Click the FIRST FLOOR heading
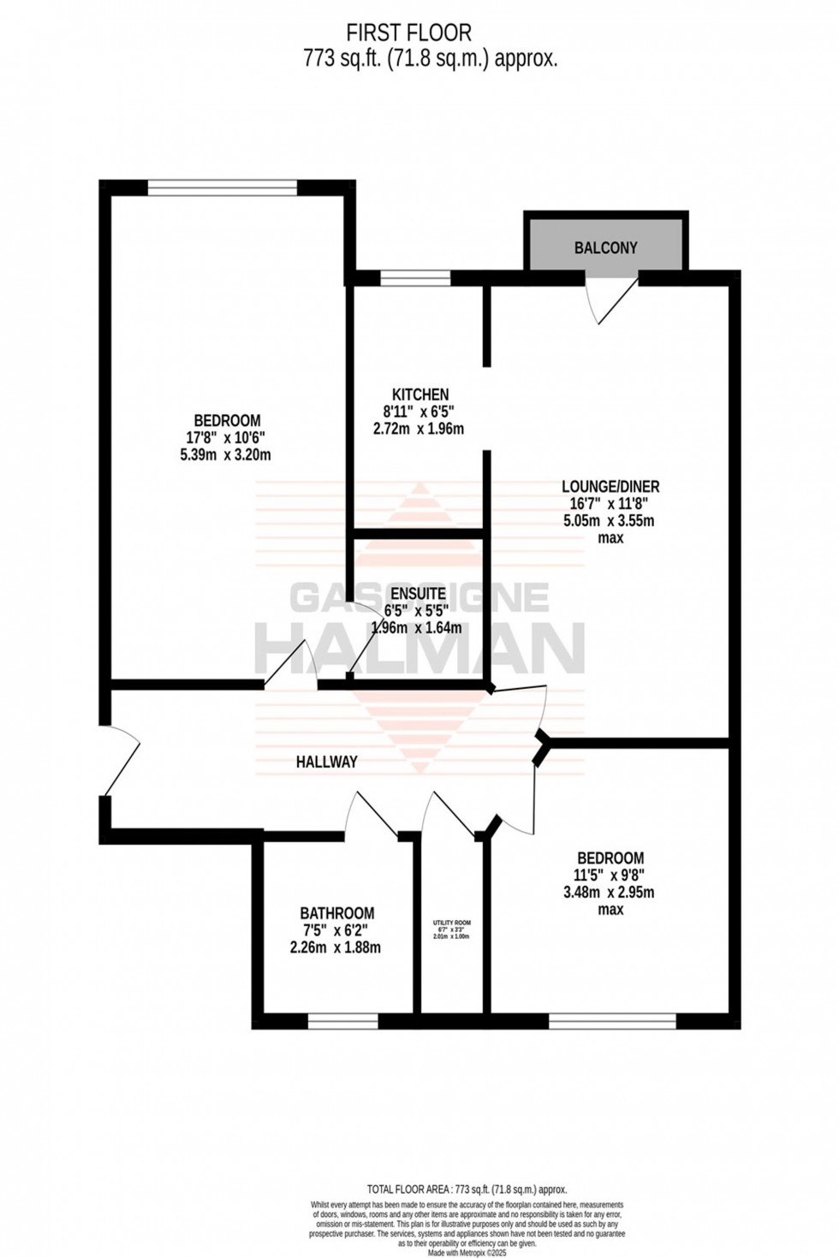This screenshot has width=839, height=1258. coord(408,33)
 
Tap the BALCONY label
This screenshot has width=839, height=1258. coord(605,248)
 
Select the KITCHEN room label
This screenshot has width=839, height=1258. coord(419,395)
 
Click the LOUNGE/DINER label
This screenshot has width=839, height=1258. coord(610,487)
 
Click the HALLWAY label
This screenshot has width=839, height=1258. coord(326,762)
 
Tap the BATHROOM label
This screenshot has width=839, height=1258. coord(336,913)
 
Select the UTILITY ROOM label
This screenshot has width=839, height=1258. coord(451,923)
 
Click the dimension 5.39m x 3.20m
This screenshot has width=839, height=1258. coord(227,454)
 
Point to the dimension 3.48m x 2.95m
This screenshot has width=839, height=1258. coord(609,893)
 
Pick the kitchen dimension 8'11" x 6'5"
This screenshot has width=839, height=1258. coord(419,412)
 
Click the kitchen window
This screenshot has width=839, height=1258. coord(415,277)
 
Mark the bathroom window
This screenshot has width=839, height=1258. coord(342,1020)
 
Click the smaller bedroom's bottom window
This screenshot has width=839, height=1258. coord(612,1020)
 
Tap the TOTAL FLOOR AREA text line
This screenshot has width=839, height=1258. coord(467,1189)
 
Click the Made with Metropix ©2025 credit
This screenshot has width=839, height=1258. coord(467,1250)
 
